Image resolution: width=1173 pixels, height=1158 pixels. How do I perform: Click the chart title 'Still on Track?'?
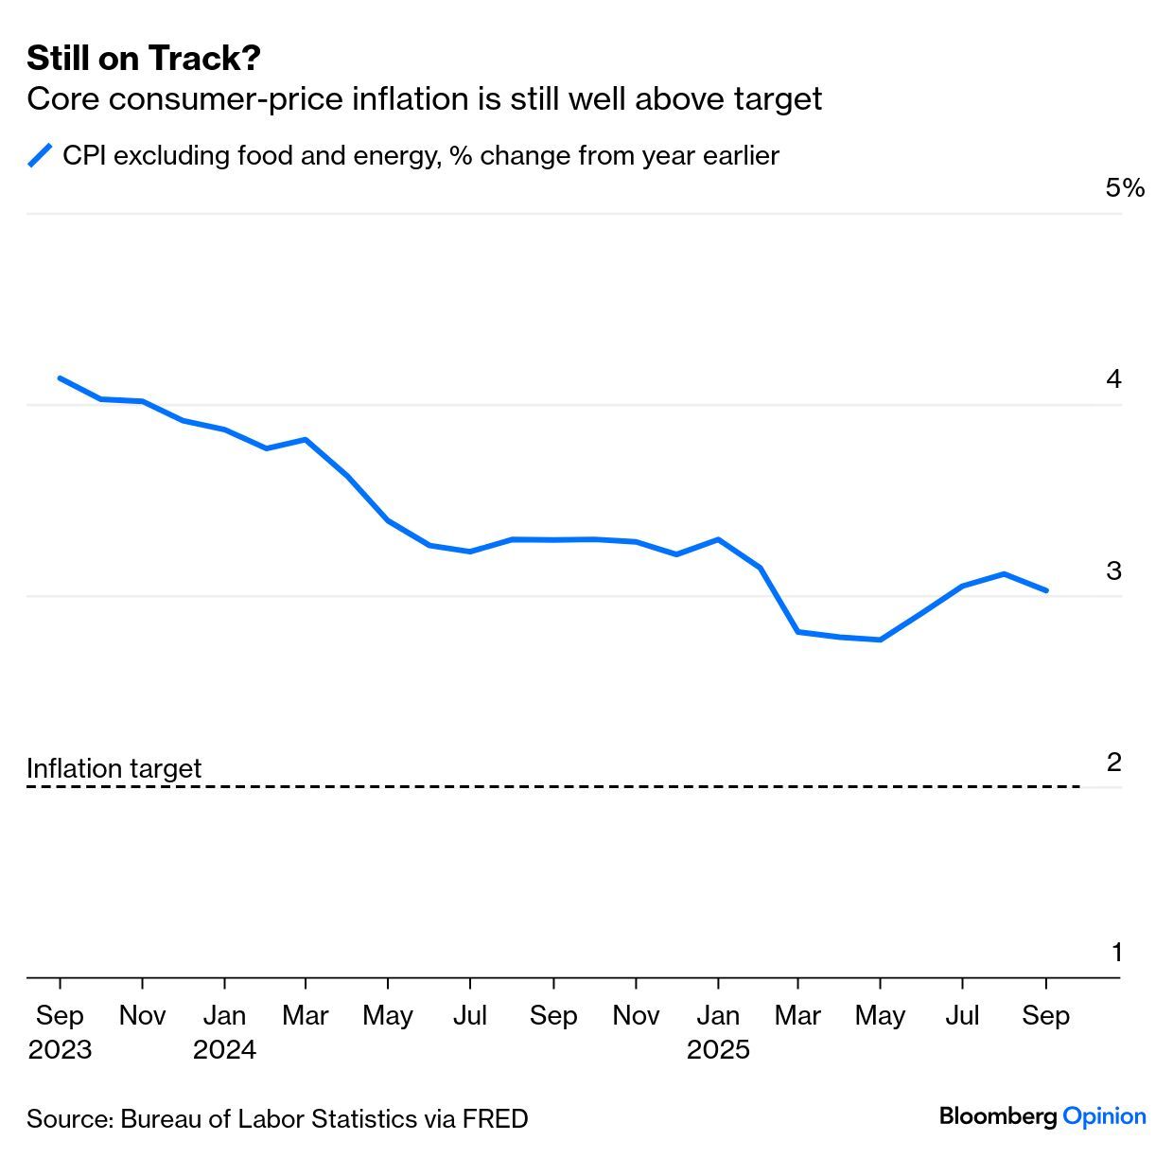tap(144, 59)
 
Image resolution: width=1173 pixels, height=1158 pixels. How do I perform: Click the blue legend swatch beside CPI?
tap(40, 155)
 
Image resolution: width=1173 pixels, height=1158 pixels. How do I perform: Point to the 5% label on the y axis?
tap(1124, 188)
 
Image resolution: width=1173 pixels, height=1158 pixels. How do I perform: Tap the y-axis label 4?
tap(1113, 379)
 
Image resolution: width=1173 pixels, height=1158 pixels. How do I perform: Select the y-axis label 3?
tap(1113, 570)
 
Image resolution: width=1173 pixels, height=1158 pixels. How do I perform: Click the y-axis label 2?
tap(1113, 762)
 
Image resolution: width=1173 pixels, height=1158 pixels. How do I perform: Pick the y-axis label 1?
tap(1116, 953)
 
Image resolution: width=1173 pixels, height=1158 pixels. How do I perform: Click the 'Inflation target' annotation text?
tap(114, 768)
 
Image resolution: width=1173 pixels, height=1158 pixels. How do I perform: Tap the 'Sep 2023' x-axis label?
tap(60, 1031)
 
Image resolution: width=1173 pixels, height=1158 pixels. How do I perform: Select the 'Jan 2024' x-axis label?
tap(224, 1031)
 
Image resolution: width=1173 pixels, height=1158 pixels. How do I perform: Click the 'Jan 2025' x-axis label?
tap(718, 1031)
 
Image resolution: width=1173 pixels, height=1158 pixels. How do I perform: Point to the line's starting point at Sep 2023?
tap(60, 377)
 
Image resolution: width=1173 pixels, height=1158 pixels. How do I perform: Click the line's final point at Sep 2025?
tap(1045, 590)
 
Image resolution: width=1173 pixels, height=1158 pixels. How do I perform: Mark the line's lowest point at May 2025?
tap(881, 640)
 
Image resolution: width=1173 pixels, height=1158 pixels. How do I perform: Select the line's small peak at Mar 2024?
tap(306, 439)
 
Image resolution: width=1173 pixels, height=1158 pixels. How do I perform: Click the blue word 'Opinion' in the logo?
tap(1104, 1117)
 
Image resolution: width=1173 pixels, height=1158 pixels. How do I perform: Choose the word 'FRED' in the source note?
tap(495, 1119)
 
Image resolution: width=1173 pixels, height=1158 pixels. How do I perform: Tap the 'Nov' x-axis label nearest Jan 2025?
tap(636, 1015)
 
